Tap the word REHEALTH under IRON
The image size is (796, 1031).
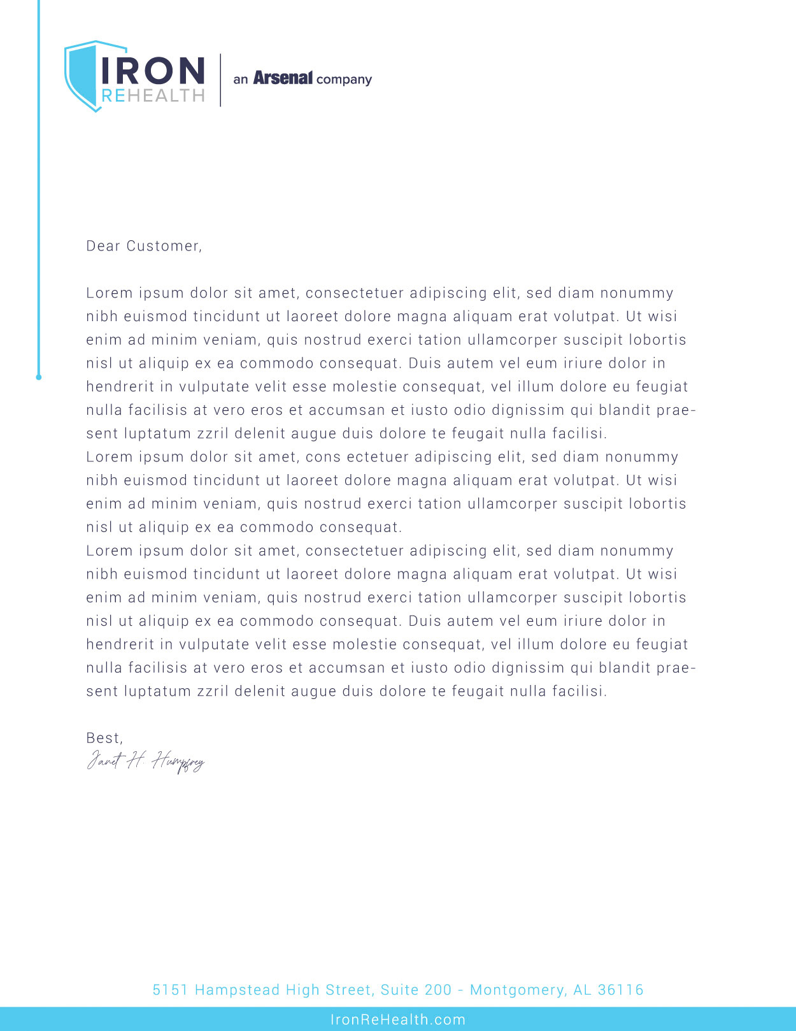point(153,96)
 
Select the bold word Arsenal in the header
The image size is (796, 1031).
point(283,78)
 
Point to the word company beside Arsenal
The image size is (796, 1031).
point(344,80)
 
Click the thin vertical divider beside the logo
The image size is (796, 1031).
point(220,80)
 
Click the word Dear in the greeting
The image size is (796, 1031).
point(103,246)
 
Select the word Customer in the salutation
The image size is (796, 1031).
point(164,246)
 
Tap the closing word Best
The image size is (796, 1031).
point(104,738)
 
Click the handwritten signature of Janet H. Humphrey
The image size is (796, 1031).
point(145,761)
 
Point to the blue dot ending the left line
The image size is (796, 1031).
point(39,377)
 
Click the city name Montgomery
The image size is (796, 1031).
point(516,990)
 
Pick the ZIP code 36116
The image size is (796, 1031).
point(620,990)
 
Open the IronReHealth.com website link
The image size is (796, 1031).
point(398,1020)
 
